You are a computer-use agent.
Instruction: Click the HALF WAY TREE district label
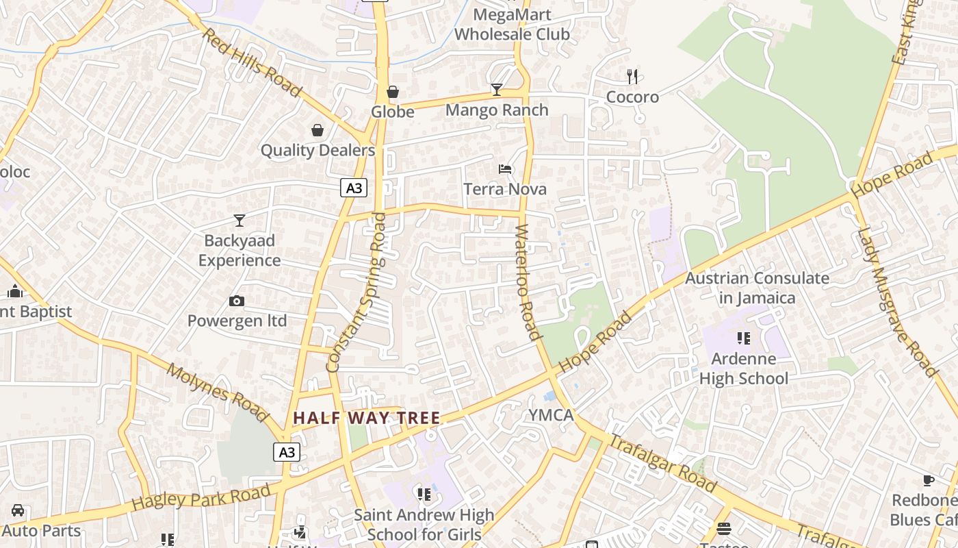(367, 417)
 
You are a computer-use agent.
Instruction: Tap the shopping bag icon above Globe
(393, 91)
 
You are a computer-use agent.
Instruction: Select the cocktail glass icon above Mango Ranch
(497, 89)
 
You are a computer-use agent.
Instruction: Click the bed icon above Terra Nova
(505, 169)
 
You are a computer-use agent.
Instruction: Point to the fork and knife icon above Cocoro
(632, 76)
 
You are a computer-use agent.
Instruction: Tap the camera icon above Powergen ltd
(237, 301)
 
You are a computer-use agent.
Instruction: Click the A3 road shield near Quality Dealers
(354, 188)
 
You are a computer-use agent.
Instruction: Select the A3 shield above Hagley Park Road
(287, 452)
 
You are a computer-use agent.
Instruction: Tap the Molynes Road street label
(218, 393)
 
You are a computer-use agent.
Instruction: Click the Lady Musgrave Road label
(896, 301)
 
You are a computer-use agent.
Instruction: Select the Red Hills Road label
(251, 62)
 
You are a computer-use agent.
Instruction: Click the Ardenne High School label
(744, 369)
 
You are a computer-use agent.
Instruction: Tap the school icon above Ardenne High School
(744, 338)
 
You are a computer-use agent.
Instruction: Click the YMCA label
(551, 414)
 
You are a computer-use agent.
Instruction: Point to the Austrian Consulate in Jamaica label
(757, 288)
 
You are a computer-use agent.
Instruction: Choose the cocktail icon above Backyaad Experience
(239, 220)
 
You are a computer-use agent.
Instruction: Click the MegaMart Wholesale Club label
(512, 24)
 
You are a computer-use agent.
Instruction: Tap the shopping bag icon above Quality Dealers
(318, 130)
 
